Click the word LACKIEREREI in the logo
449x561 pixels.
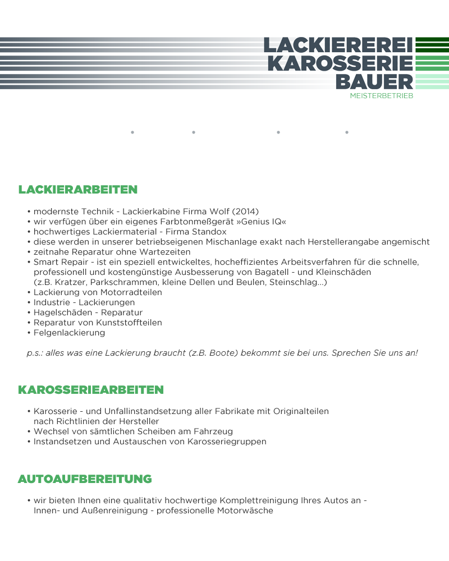pos(338,45)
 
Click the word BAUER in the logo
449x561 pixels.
pos(374,82)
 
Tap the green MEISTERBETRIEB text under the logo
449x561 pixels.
pos(381,96)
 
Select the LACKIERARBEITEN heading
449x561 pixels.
pos(78,190)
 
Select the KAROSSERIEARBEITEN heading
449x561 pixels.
pos(91,390)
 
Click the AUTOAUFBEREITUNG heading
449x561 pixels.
pos(85,479)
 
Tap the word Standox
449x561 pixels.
pos(209,232)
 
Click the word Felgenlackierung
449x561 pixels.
pos(70,333)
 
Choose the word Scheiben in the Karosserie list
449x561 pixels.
pos(148,432)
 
